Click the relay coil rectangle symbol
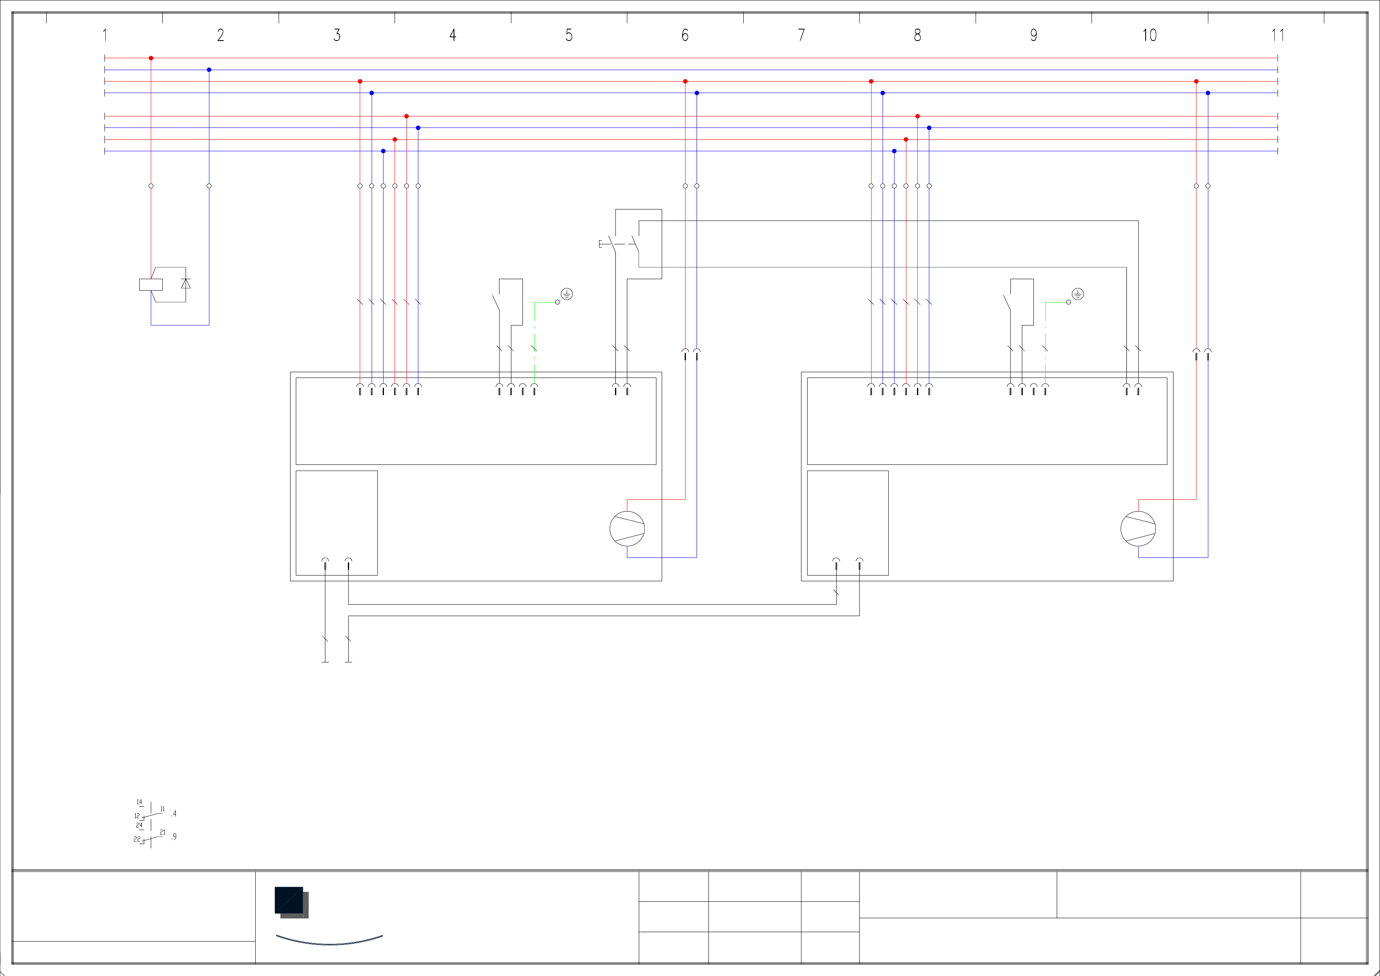[151, 284]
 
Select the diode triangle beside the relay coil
[186, 283]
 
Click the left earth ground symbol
[567, 294]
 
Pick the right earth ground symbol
[1078, 294]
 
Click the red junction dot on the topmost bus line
[151, 58]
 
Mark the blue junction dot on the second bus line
[209, 70]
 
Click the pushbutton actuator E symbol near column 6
[600, 243]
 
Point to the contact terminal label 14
[139, 802]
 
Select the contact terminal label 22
[137, 839]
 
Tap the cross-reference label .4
[174, 814]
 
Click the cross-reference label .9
[174, 837]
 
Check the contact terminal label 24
[139, 825]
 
